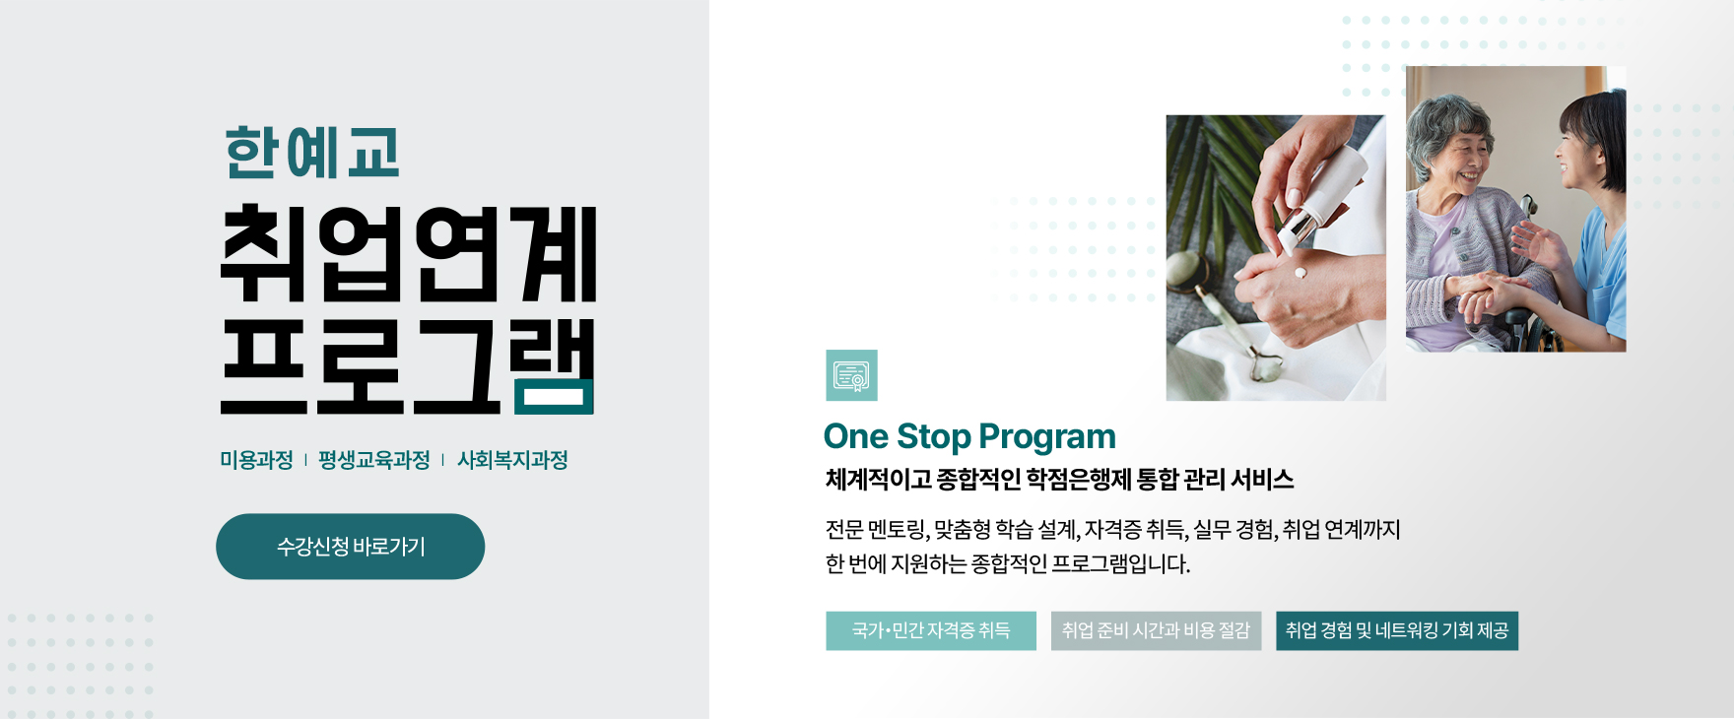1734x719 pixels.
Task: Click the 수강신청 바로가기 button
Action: [350, 547]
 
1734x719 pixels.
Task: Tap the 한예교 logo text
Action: [312, 153]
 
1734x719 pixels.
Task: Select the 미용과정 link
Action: [256, 460]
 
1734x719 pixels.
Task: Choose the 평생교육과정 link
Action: [374, 460]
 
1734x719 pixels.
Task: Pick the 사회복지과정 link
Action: [512, 460]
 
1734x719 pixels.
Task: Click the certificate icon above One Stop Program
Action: [851, 375]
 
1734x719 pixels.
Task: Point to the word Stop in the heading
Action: [933, 436]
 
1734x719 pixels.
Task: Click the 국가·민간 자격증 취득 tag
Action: [931, 630]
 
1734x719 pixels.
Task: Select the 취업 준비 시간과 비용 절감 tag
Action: [1156, 630]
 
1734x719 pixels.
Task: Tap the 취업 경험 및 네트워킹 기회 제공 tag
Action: [1397, 630]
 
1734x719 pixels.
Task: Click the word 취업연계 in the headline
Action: [408, 253]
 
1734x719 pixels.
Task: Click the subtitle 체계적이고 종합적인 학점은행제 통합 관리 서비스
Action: [1059, 480]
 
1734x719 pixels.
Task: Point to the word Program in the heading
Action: [1047, 437]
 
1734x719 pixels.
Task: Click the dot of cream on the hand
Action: [1300, 273]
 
